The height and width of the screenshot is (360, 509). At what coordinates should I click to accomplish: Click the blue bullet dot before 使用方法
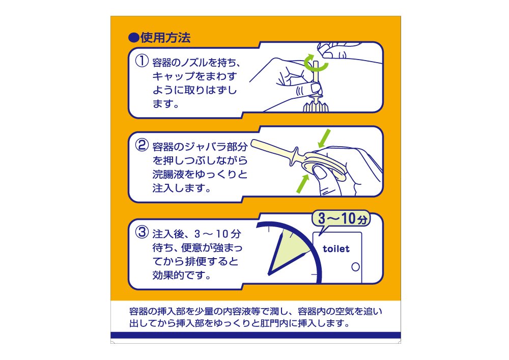pos(133,38)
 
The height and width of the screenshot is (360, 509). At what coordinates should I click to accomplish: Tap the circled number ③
pos(142,232)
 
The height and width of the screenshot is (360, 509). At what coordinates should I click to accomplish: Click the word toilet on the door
pos(336,249)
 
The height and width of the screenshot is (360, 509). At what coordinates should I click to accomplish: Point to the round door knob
pos(356,267)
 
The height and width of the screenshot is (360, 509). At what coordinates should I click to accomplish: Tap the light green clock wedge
pos(287,252)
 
